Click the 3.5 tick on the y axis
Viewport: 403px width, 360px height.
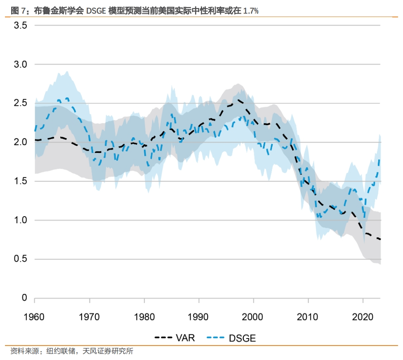[x=21, y=26]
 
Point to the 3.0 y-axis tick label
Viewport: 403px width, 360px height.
[x=21, y=64]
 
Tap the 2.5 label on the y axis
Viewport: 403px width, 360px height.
[x=21, y=103]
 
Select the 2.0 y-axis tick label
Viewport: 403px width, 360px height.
[x=21, y=142]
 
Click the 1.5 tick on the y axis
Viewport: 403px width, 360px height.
[x=21, y=181]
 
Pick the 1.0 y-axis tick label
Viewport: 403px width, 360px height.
[x=21, y=220]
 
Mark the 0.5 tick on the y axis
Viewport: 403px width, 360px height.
[x=21, y=259]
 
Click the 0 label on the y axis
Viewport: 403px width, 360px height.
[x=24, y=298]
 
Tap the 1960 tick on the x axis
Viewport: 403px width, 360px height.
[x=35, y=317]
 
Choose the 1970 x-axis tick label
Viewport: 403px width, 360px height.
[x=89, y=317]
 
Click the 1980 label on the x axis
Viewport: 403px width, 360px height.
[x=144, y=317]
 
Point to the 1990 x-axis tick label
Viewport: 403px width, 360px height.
[x=199, y=317]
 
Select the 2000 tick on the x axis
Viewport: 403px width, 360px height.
[x=253, y=317]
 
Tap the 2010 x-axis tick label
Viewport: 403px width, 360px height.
[x=308, y=317]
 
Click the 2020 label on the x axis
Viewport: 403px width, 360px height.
[x=363, y=317]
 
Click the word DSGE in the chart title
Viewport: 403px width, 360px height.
[x=95, y=11]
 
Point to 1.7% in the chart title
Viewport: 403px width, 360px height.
[x=251, y=11]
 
